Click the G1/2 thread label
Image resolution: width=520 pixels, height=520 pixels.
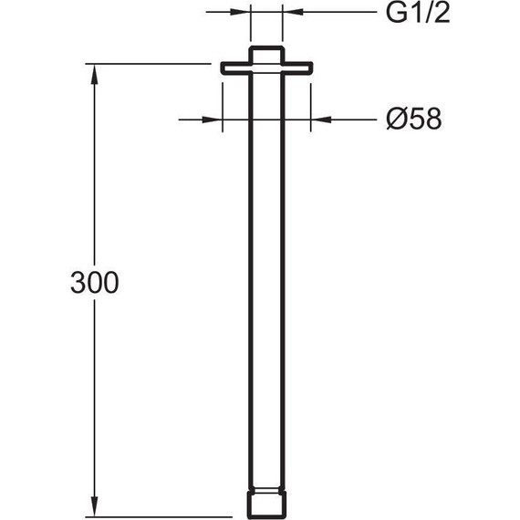(418, 14)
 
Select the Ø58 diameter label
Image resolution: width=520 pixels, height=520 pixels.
(414, 119)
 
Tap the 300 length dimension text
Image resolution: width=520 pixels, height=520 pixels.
(95, 283)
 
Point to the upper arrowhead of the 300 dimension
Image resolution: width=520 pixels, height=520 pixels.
(95, 74)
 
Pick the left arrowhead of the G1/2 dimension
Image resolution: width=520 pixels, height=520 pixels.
(240, 12)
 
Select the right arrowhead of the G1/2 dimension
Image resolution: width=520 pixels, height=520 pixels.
(293, 12)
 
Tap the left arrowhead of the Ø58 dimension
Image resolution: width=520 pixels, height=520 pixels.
(213, 120)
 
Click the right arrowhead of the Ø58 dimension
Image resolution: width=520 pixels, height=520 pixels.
(321, 120)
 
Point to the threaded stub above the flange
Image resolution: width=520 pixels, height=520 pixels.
(267, 54)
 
